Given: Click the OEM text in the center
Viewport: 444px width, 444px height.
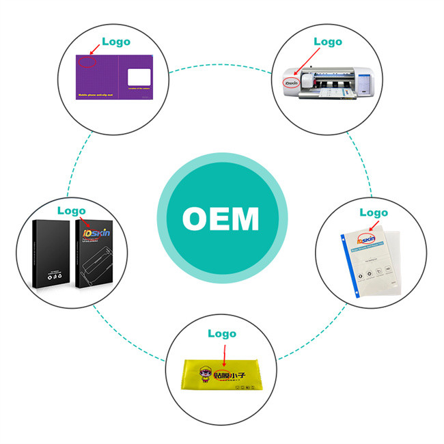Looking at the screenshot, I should [x=221, y=219].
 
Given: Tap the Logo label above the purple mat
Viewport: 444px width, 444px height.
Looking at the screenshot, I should [x=115, y=41].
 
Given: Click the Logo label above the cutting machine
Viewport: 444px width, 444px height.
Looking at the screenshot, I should [x=327, y=41].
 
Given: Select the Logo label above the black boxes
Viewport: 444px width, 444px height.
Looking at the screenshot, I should [x=71, y=210].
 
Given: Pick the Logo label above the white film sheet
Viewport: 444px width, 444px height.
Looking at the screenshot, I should [x=374, y=212].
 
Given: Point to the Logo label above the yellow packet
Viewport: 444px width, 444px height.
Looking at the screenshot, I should [x=221, y=334].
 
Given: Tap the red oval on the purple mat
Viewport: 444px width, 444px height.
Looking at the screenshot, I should [x=87, y=63].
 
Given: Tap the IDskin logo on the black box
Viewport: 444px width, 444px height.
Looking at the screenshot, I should [x=96, y=234].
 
